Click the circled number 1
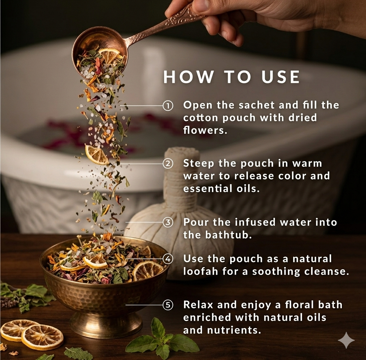168,105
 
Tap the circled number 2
168,164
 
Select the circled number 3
168,222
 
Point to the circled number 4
168,259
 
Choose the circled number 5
168,305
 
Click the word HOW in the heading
188,77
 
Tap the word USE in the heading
280,77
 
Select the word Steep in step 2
198,164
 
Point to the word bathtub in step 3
229,235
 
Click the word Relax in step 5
198,305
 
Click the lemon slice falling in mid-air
96,154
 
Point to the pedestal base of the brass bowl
106,325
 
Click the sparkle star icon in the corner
346,340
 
